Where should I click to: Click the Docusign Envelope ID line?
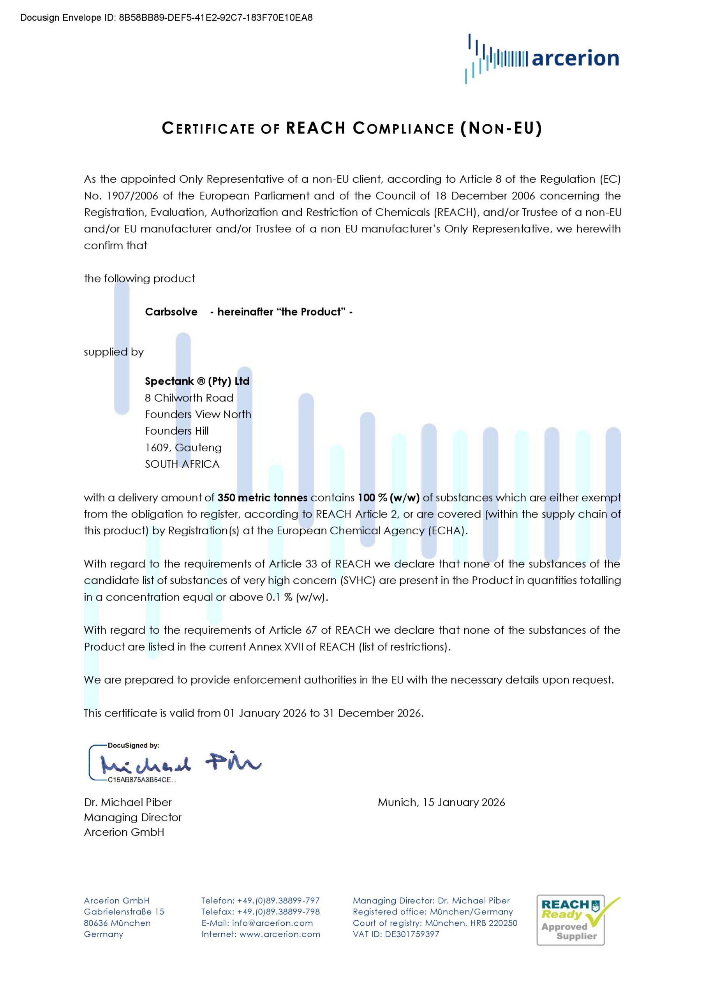pos(166,18)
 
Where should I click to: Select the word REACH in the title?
pos(316,128)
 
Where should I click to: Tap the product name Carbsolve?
pos(171,312)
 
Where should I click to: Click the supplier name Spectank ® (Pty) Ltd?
pos(197,381)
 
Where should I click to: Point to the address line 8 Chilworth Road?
pos(189,398)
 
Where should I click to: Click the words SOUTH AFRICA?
pos(182,464)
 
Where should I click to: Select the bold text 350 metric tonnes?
pos(263,498)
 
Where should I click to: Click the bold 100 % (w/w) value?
pos(389,498)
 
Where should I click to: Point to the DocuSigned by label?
pos(133,745)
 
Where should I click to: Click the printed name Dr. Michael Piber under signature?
pos(128,802)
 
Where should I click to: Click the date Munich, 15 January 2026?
pos(441,802)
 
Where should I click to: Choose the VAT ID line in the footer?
pos(396,934)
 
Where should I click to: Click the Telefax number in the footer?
pos(260,912)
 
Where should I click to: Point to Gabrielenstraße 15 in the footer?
pos(124,912)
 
